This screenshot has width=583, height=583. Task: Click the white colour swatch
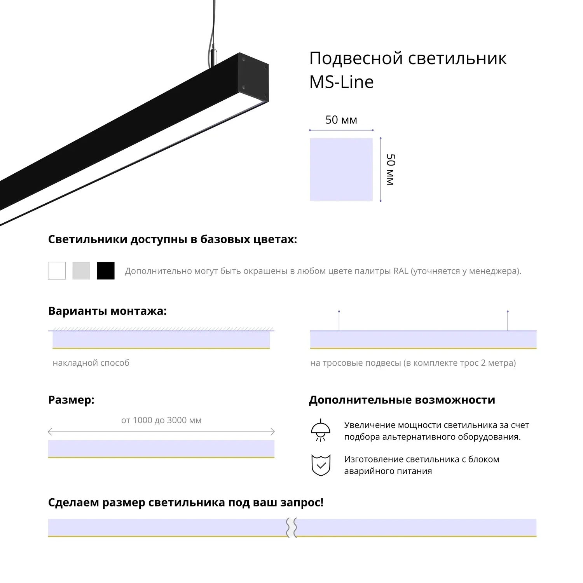click(57, 271)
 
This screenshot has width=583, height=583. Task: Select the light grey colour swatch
click(81, 271)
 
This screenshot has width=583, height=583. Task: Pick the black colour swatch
click(106, 271)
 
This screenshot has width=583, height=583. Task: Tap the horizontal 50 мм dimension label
click(341, 120)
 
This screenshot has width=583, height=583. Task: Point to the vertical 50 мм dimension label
click(391, 169)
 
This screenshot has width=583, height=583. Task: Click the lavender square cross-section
click(341, 169)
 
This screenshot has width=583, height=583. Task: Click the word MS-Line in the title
click(342, 82)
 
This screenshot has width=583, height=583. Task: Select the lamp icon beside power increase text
click(321, 430)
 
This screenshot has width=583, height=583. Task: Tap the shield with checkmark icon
click(321, 465)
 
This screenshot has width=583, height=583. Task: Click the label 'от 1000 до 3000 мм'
click(161, 420)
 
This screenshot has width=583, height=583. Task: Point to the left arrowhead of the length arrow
click(50, 431)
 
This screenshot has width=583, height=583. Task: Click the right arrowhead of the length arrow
click(272, 431)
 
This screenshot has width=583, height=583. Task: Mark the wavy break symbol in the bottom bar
click(292, 527)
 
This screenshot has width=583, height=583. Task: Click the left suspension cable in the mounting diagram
click(339, 321)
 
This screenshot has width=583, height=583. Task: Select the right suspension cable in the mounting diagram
click(508, 321)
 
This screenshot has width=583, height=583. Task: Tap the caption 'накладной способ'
click(91, 363)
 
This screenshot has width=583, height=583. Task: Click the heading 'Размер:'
click(71, 400)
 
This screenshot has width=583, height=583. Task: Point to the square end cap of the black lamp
click(253, 80)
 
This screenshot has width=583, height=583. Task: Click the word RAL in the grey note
click(401, 271)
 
